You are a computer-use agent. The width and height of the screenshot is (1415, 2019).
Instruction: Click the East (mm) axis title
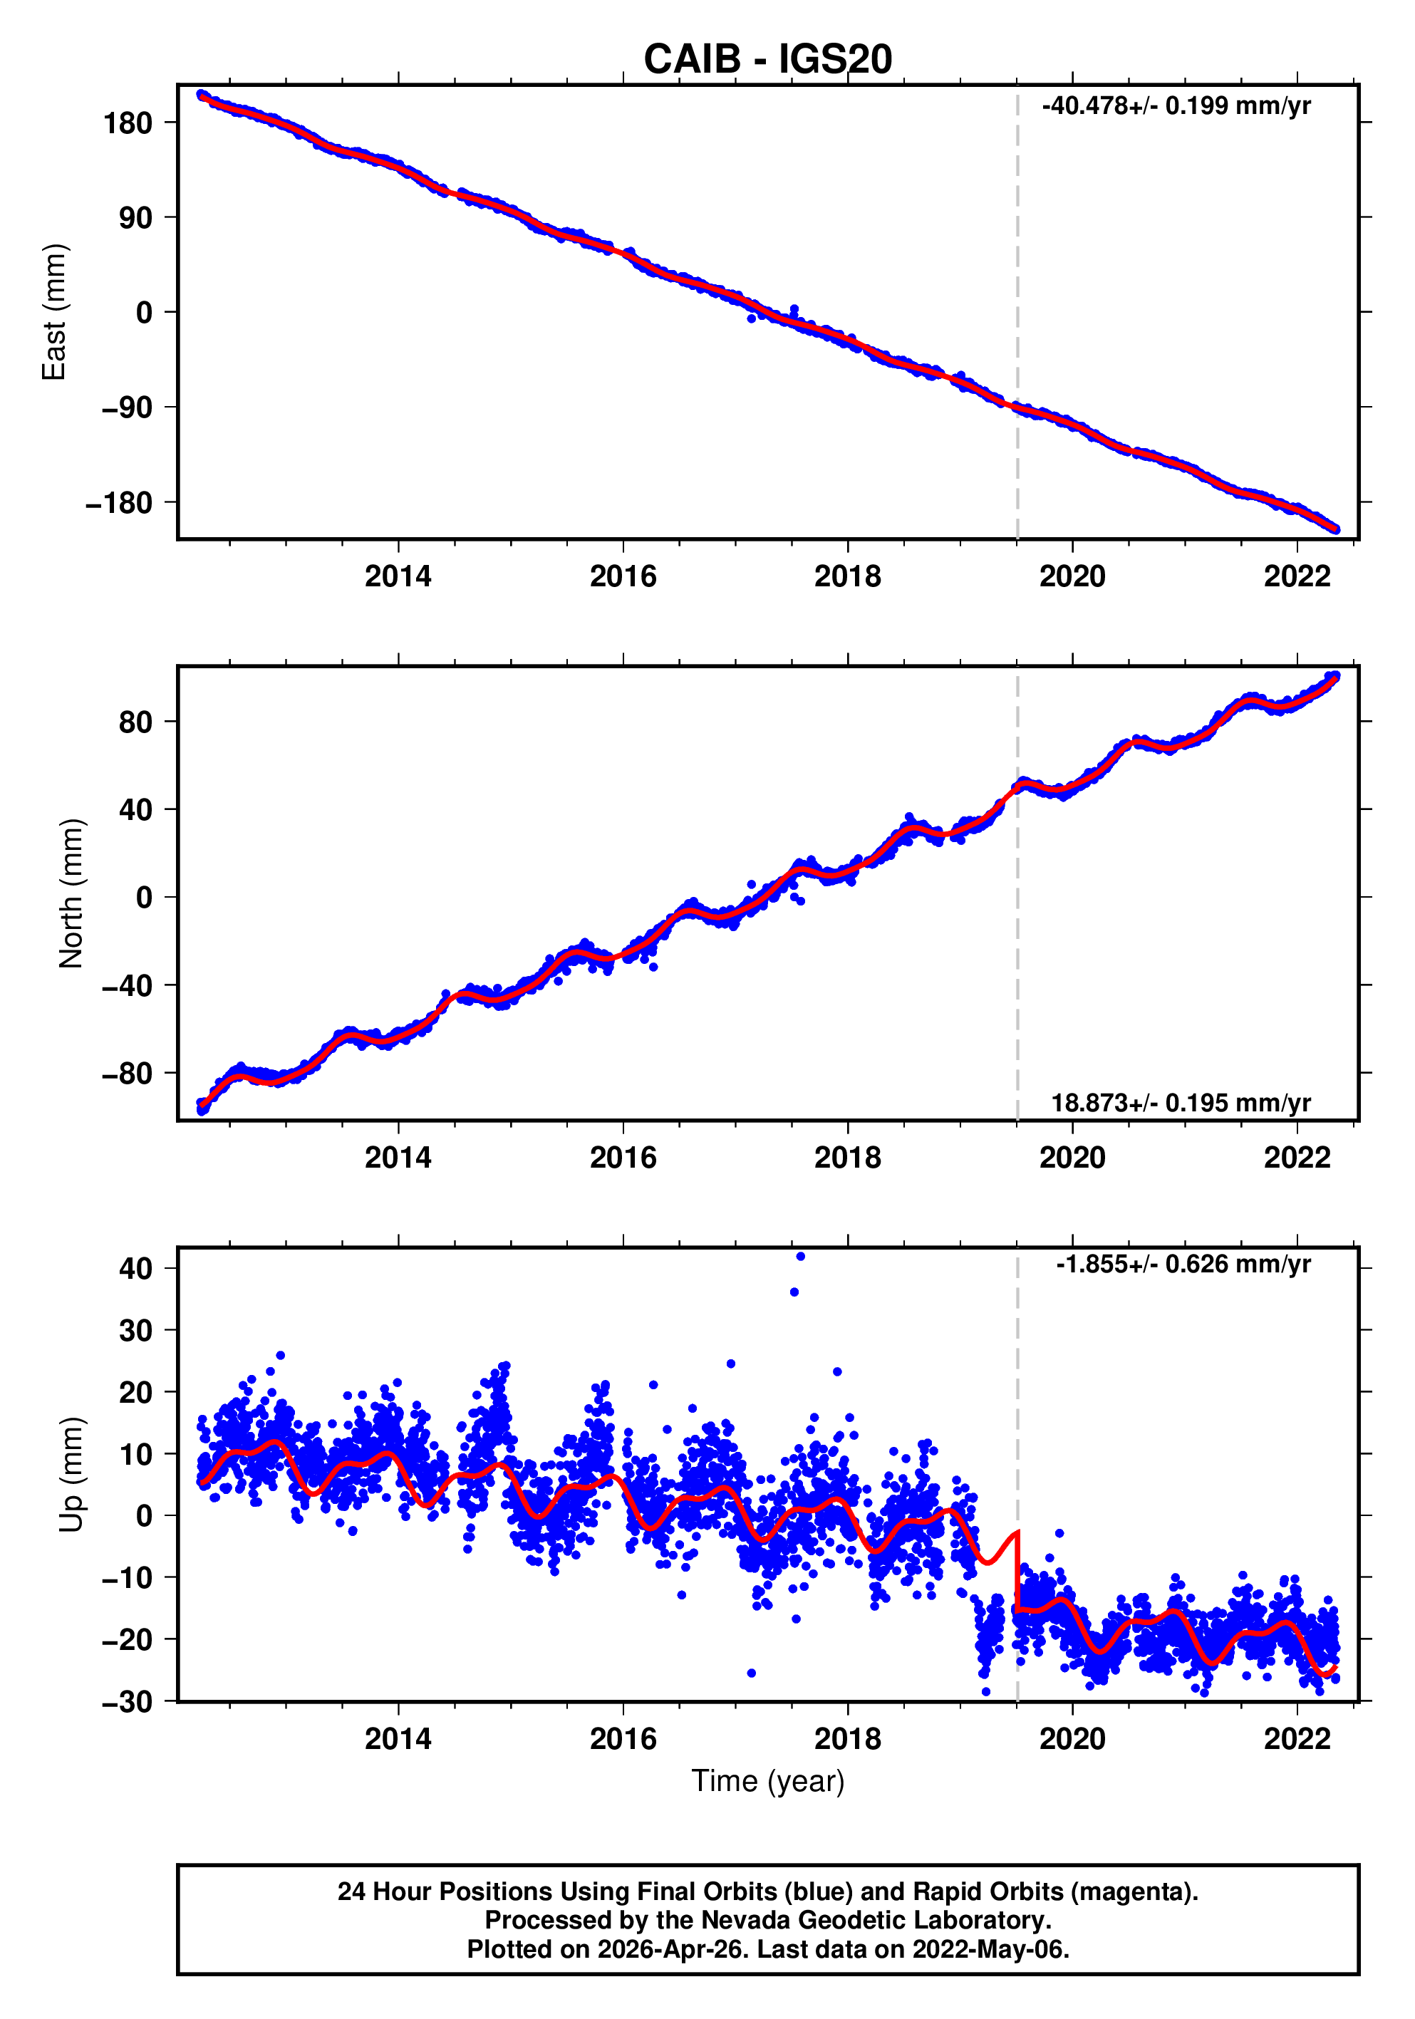tap(55, 312)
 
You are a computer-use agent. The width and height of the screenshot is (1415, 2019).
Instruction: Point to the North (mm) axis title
tap(71, 893)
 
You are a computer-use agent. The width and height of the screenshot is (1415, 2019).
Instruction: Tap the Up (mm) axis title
tap(71, 1474)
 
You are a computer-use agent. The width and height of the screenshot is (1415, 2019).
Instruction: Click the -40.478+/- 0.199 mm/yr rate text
tap(1176, 106)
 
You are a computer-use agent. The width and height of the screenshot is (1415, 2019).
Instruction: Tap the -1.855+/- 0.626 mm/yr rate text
tap(1183, 1265)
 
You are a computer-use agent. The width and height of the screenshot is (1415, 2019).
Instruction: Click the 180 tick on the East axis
tap(128, 123)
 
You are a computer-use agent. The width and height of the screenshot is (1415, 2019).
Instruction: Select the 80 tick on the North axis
tap(135, 722)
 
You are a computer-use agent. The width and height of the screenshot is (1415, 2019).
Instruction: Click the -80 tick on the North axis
tap(127, 1074)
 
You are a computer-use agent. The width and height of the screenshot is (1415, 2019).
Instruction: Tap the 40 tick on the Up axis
tap(135, 1268)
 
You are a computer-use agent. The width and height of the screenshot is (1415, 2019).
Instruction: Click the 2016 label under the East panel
tap(623, 577)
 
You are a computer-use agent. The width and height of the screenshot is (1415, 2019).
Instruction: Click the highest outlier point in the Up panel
tap(799, 1257)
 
